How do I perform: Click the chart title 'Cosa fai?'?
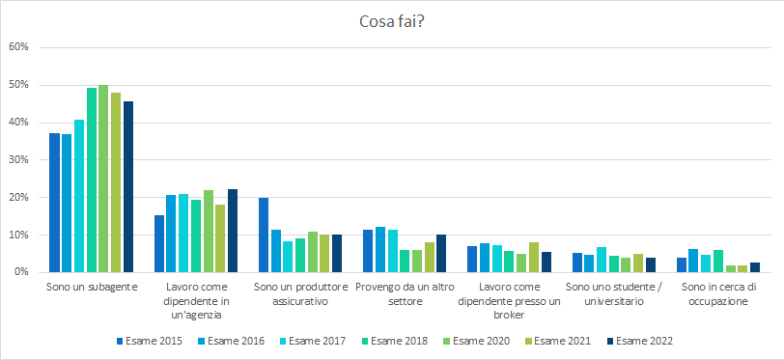click(392, 21)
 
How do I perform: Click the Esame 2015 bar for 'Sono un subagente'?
click(54, 203)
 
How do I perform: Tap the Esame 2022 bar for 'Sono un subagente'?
click(128, 186)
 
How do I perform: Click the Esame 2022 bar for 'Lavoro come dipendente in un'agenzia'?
click(233, 231)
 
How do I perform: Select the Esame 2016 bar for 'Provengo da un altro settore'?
click(379, 249)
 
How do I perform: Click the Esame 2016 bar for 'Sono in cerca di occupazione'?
click(693, 261)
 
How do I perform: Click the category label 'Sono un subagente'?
click(92, 288)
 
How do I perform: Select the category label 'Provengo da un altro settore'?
click(404, 293)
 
